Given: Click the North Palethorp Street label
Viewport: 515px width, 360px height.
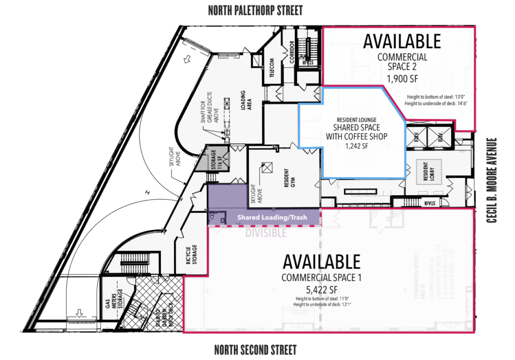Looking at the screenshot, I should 255,10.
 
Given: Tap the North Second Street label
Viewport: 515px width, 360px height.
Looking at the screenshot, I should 255,349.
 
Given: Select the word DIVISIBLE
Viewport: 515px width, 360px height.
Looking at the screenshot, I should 266,233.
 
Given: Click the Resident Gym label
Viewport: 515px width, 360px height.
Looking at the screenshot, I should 285,177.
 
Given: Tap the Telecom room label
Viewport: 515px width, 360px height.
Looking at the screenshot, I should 272,66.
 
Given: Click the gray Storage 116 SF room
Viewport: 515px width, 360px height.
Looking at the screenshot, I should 216,159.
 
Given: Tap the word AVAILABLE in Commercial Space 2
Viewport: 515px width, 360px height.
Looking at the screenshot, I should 402,41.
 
